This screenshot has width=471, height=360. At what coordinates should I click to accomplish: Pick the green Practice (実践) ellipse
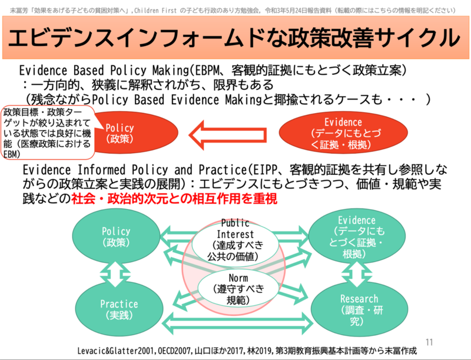(x=118, y=308)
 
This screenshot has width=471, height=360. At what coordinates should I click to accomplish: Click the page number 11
(x=428, y=341)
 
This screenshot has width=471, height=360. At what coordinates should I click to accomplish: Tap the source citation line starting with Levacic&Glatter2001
(x=247, y=350)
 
